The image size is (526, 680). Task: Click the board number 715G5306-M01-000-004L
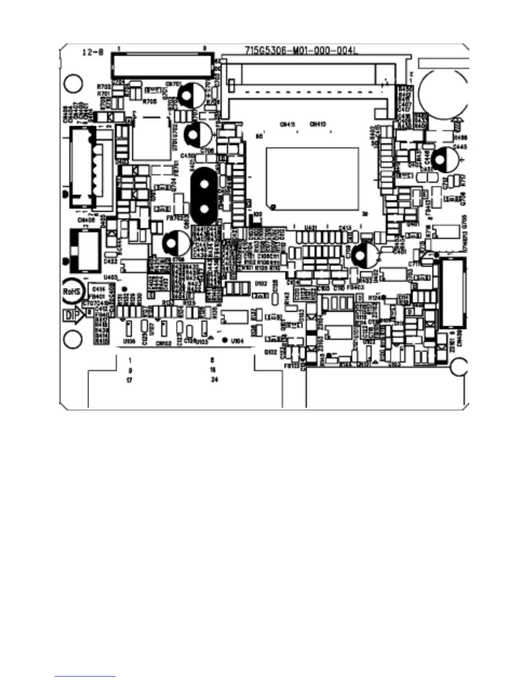301,51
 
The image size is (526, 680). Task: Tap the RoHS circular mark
72,291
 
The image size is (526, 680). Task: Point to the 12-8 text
93,52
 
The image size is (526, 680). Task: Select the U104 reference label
237,341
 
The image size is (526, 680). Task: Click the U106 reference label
129,341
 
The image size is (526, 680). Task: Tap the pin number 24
214,379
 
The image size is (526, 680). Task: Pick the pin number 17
129,380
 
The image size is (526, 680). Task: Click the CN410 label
318,124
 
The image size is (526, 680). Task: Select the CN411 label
287,124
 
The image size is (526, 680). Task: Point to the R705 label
150,101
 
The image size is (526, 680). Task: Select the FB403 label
352,287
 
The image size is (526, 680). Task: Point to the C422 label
110,261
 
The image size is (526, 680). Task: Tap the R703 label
104,86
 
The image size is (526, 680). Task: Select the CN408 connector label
86,220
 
